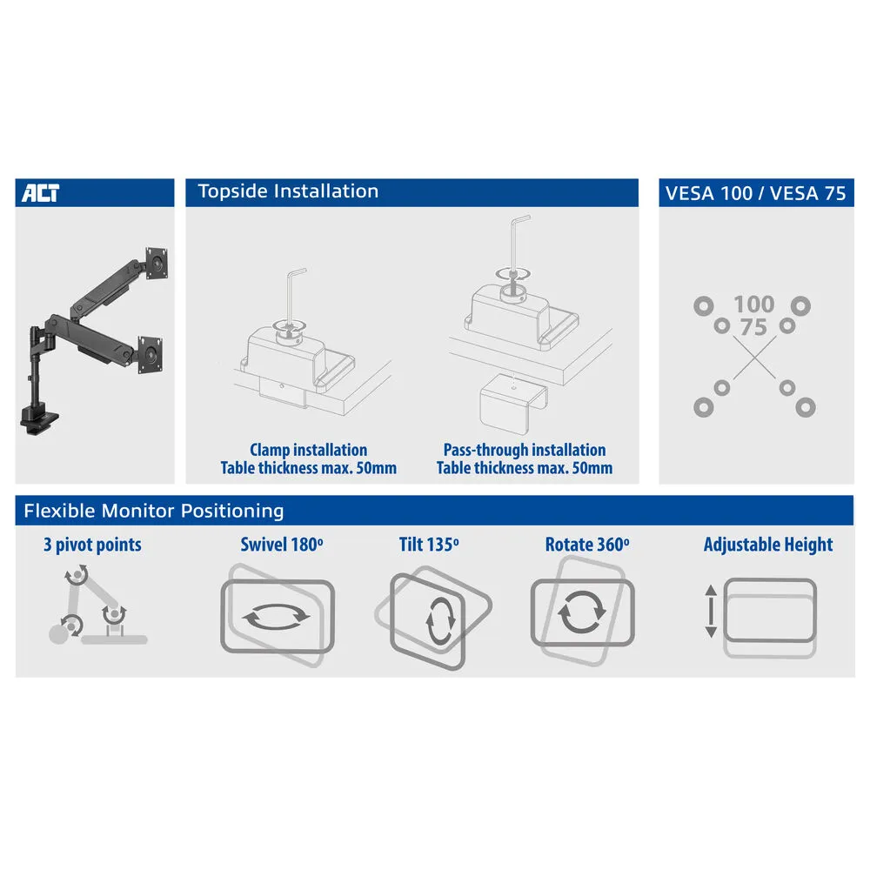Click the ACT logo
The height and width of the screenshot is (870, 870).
click(41, 192)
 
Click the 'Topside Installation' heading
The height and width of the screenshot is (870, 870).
click(288, 191)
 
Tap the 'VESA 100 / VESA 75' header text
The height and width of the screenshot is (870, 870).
click(755, 193)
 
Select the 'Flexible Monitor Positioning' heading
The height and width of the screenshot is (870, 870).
click(154, 511)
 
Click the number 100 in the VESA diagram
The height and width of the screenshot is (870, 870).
click(753, 304)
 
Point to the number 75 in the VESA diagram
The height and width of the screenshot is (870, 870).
click(753, 327)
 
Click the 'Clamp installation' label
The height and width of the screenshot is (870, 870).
click(309, 450)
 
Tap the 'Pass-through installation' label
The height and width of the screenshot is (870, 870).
click(525, 450)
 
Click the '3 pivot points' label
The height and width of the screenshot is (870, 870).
click(93, 545)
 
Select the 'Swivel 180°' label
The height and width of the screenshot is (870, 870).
click(282, 545)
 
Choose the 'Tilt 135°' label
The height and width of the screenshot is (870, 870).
click(429, 545)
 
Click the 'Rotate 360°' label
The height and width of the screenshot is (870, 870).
click(587, 545)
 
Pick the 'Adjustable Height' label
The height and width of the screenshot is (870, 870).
click(768, 545)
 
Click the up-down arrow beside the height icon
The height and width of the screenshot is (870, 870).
click(711, 611)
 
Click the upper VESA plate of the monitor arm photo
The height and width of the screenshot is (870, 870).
click(157, 264)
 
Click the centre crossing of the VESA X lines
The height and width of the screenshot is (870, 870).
click(754, 358)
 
